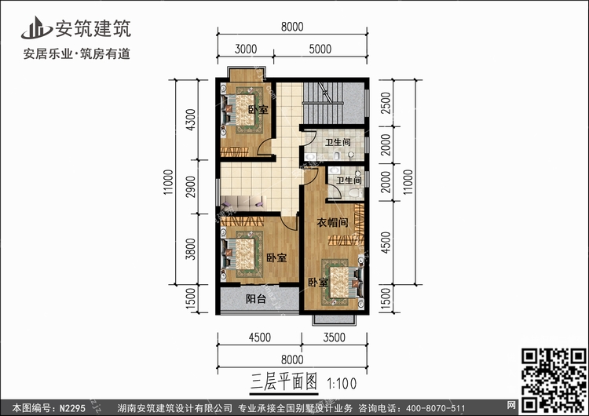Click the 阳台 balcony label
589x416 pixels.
coord(256,299)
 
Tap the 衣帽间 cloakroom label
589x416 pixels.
coord(332,223)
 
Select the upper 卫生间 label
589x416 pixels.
coord(337,142)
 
